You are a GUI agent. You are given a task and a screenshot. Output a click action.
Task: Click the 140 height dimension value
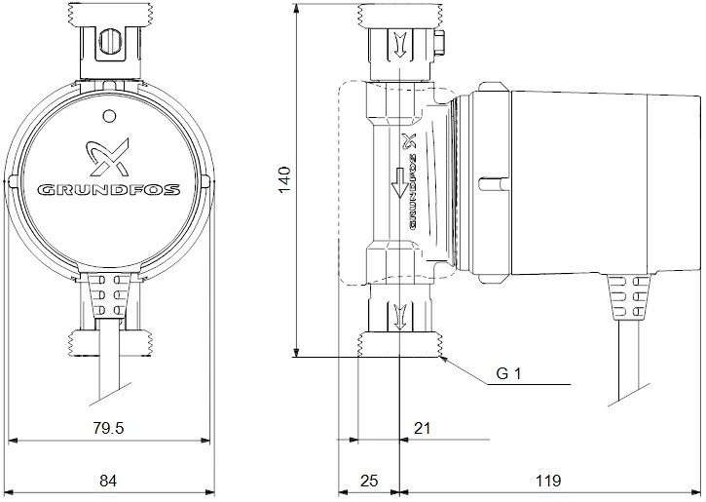tap(285, 179)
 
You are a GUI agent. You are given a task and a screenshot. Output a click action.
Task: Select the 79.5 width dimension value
tap(108, 428)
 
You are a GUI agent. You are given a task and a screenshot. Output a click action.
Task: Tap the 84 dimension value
tap(108, 481)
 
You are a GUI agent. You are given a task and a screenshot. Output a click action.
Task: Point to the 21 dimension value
tap(422, 428)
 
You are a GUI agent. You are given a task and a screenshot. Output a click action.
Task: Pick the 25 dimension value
tap(369, 481)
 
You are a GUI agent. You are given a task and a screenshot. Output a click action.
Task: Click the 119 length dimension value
tap(548, 481)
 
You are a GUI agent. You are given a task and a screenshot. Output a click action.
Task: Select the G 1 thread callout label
tap(508, 373)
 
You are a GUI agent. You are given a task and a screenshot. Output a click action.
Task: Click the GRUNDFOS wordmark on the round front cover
tap(108, 189)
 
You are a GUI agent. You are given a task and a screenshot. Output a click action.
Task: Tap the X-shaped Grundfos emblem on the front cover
tap(108, 156)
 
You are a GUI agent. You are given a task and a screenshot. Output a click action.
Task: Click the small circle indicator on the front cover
tap(109, 116)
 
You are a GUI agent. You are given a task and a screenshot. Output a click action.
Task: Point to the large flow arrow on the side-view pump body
tap(399, 182)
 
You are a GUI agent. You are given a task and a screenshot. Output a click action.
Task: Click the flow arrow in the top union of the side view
tap(399, 45)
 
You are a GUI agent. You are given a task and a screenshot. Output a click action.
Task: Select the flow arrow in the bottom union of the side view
tap(399, 317)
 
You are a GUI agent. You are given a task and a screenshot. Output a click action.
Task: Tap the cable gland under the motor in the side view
tap(628, 296)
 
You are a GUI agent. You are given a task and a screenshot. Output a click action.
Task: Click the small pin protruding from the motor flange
tap(494, 184)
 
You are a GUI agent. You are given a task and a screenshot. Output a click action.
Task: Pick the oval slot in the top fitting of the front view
tap(109, 44)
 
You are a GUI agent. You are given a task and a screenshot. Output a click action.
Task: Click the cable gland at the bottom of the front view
tap(108, 296)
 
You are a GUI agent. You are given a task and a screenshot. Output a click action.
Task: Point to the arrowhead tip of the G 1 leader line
tap(441, 357)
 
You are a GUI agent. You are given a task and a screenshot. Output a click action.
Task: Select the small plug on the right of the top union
tap(440, 44)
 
